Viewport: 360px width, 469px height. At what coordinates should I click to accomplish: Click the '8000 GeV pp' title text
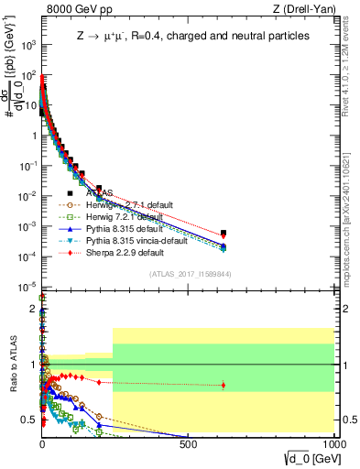pos(76,9)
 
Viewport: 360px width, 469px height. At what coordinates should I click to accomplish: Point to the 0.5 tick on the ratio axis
pos(30,420)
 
